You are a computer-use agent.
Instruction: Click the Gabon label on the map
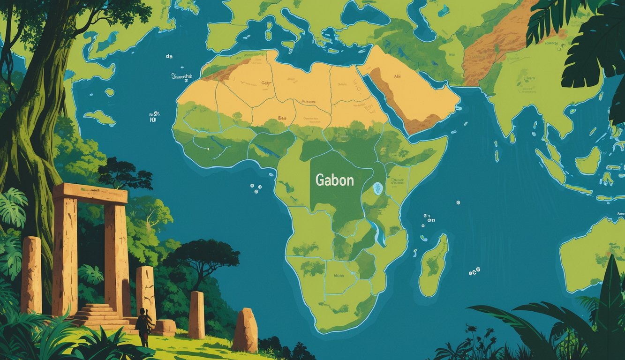[334, 180]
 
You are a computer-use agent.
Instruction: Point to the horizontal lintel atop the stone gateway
[90, 193]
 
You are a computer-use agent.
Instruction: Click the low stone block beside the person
[165, 326]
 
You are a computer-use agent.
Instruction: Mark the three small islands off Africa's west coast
[256, 188]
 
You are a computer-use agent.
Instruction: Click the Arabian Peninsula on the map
[413, 94]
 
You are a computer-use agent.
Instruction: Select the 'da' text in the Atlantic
[169, 56]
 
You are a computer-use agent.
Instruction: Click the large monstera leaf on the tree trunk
[13, 206]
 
